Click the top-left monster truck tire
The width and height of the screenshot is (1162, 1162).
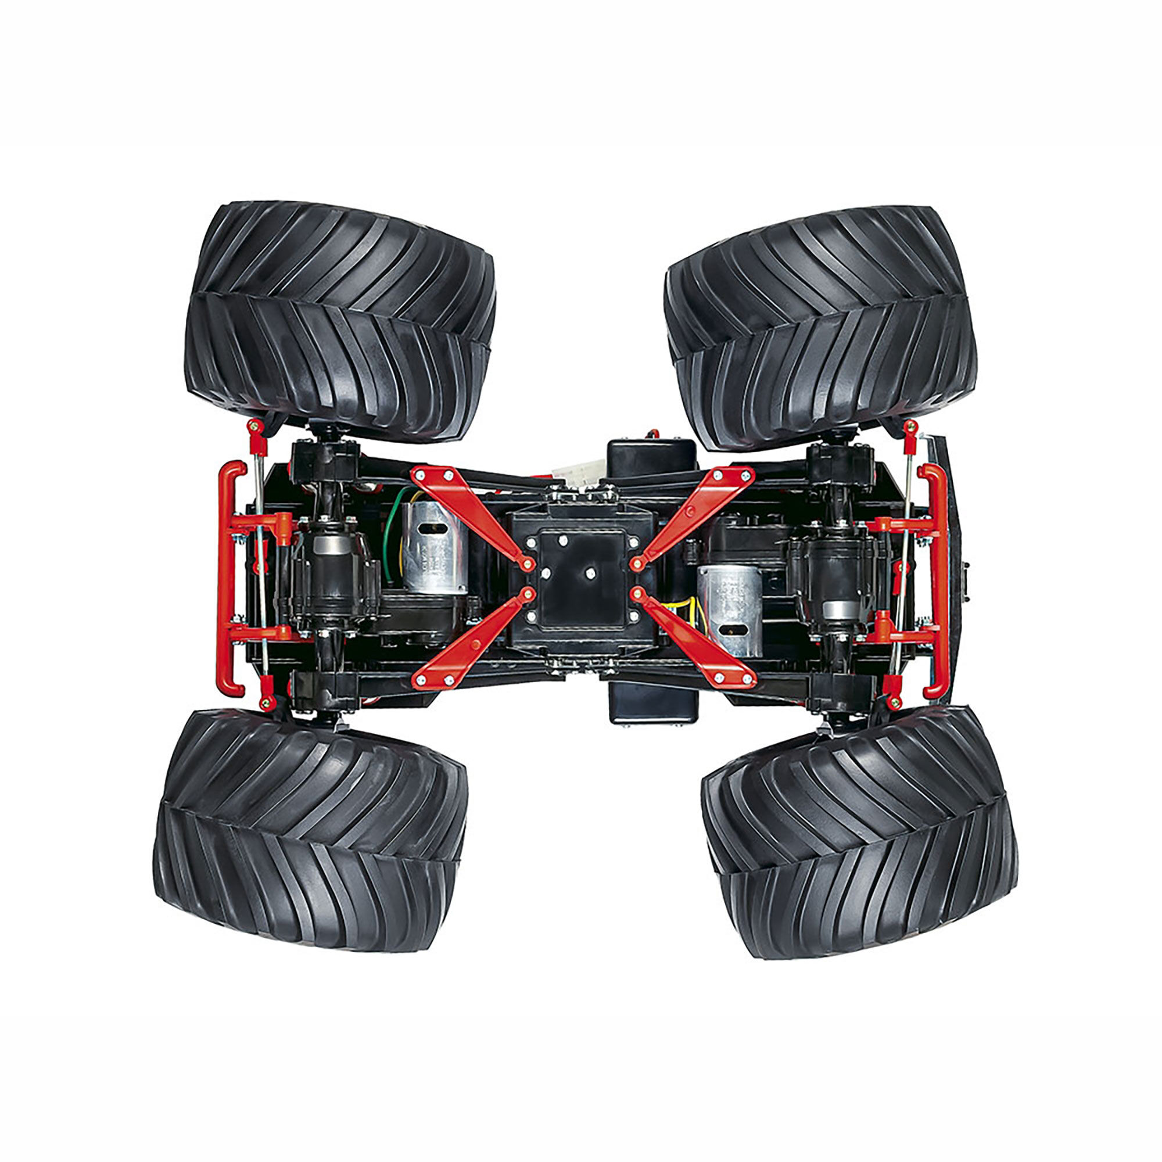point(340,322)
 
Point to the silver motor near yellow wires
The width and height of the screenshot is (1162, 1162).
point(729,609)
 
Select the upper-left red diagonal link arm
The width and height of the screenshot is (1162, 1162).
point(469,514)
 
